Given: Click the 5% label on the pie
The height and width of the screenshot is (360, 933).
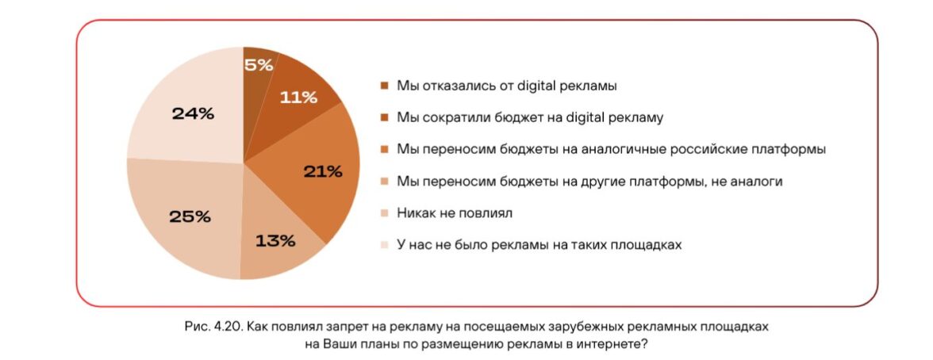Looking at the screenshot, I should click(258, 66).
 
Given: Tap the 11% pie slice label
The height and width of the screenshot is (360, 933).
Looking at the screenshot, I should click(298, 98).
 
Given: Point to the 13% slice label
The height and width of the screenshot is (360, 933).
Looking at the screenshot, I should click(275, 239).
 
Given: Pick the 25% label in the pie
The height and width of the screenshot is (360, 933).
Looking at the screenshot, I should click(190, 216).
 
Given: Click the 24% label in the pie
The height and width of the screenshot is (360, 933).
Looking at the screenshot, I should click(193, 114).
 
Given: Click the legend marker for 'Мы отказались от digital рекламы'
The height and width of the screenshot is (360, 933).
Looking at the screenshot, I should click(385, 86).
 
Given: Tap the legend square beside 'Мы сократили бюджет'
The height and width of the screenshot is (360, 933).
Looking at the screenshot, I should click(385, 117).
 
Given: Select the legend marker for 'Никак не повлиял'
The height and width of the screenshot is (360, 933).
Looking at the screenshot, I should click(385, 213).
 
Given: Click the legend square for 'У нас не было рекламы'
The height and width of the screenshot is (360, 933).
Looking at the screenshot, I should click(385, 245).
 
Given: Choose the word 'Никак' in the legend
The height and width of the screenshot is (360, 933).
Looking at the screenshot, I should click(413, 213).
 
